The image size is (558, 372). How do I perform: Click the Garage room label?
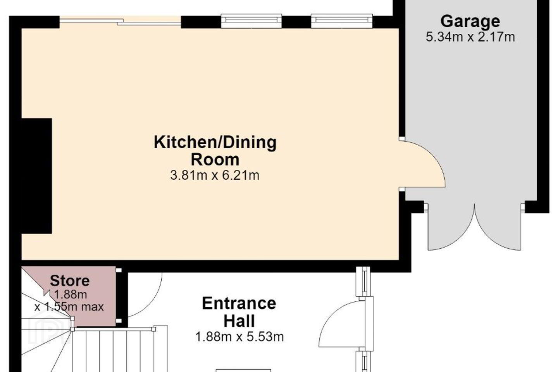(x=470, y=21)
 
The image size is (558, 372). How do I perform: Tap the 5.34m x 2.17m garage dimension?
(x=470, y=37)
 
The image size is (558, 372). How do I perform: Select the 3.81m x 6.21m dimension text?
(x=215, y=175)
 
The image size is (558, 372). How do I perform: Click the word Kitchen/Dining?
(x=215, y=143)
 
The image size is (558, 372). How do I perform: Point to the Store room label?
(x=70, y=281)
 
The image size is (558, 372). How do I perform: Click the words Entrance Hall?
(x=239, y=312)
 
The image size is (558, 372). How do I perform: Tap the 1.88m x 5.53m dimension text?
(x=239, y=337)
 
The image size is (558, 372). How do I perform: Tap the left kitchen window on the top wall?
(x=251, y=21)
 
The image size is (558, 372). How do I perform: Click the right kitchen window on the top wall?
(x=341, y=21)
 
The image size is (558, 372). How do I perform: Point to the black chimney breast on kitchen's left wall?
(x=37, y=176)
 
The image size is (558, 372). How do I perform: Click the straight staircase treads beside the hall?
(x=113, y=350)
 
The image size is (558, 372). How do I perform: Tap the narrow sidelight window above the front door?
(x=363, y=281)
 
